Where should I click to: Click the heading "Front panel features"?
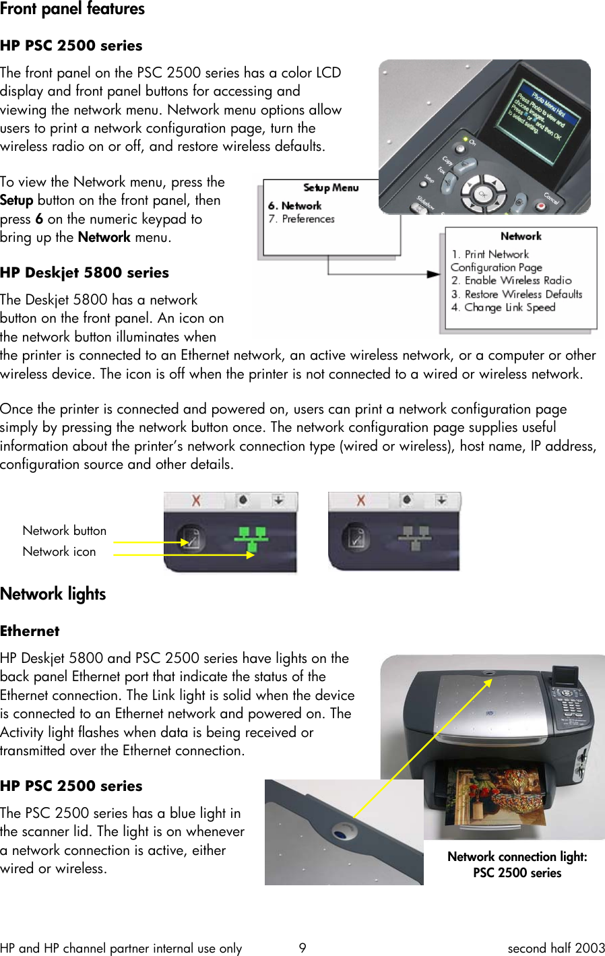72,9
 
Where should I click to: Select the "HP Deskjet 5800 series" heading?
84,273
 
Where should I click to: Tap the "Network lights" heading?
53,594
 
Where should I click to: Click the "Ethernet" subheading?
30,631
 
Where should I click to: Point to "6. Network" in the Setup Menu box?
294,205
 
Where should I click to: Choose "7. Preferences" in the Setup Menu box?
301,219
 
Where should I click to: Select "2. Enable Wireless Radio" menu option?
511,280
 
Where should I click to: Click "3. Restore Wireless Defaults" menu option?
517,294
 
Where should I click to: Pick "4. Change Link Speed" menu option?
503,307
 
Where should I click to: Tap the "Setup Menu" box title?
331,188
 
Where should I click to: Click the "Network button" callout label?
65,531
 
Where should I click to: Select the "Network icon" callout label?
59,552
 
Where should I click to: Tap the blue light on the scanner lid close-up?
342,833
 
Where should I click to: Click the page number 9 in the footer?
302,948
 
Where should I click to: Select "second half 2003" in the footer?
556,948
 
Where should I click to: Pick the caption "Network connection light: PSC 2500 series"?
517,864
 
